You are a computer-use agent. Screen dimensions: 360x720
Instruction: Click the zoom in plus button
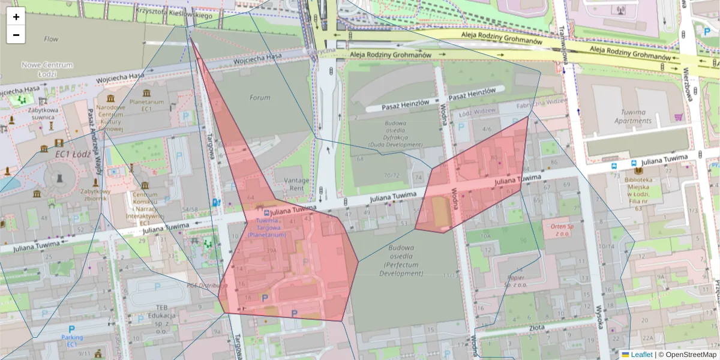[x=16, y=17]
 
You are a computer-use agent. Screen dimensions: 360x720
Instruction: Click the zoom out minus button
[x=16, y=35]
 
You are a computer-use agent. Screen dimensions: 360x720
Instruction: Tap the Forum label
[x=260, y=98]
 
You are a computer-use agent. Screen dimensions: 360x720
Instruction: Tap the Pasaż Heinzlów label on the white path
[x=406, y=103]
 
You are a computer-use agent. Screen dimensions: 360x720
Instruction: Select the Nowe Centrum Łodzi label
[x=47, y=69]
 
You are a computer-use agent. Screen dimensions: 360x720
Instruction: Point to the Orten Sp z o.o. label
[x=559, y=230]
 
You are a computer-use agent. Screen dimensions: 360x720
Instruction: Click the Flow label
[x=51, y=39]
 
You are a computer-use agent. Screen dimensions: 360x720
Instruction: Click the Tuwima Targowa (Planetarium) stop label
[x=267, y=228]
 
